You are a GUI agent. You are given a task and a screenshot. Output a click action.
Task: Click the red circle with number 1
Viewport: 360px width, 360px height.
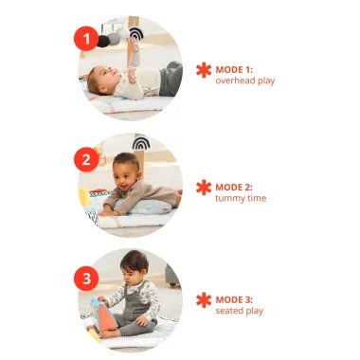click(86, 39)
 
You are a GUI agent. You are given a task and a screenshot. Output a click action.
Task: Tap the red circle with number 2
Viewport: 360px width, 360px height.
click(86, 159)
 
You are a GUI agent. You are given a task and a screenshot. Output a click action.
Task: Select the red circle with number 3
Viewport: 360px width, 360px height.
click(86, 279)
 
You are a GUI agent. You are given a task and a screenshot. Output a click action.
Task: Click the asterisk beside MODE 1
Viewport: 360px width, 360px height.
click(204, 70)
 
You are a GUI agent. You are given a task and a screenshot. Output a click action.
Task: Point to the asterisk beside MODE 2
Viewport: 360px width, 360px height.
click(204, 188)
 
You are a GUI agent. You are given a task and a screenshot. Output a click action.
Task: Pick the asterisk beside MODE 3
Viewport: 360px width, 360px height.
click(204, 300)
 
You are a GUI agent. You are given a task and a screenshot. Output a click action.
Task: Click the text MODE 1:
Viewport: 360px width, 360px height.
click(234, 70)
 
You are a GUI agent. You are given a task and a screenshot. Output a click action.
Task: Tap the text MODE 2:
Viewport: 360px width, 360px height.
click(234, 188)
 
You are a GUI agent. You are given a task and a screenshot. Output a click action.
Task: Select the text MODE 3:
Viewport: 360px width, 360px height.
click(234, 299)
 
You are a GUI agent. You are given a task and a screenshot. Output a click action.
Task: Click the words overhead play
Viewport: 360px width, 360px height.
click(245, 81)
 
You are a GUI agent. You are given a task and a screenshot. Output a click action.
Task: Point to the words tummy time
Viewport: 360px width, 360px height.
click(241, 198)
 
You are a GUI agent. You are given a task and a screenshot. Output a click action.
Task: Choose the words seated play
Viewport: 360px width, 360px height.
click(240, 311)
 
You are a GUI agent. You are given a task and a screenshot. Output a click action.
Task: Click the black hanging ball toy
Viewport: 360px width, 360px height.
click(103, 42)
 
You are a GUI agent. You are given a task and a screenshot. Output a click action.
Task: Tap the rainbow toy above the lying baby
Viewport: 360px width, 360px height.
click(136, 33)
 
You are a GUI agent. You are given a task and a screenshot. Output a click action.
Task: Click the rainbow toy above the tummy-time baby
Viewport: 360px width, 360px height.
click(141, 143)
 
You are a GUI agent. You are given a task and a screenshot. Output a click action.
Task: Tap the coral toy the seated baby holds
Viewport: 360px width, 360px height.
click(107, 320)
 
